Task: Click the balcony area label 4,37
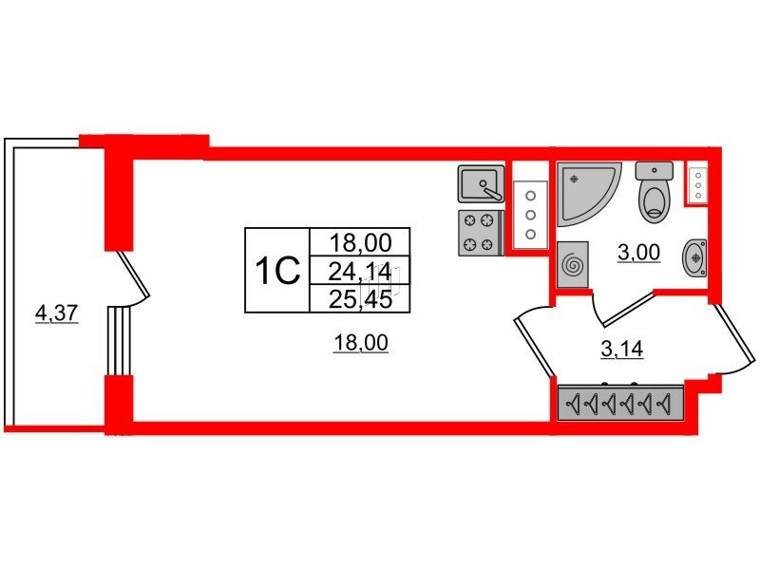coord(57,313)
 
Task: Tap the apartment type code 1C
coord(277,271)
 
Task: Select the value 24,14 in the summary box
coord(360,273)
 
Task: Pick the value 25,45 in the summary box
coord(360,299)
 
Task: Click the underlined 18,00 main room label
coord(361,343)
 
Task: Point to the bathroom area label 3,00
coord(638,252)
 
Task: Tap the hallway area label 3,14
coord(622,349)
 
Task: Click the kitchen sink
coord(481,183)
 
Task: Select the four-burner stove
coord(479,233)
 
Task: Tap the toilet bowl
coord(655,192)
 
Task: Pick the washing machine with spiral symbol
coord(573,265)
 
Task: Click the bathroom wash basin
coord(694,257)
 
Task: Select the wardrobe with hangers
coord(620,402)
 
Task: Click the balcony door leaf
coord(133,273)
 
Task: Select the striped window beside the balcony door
coord(120,340)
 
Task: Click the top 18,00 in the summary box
coord(360,243)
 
